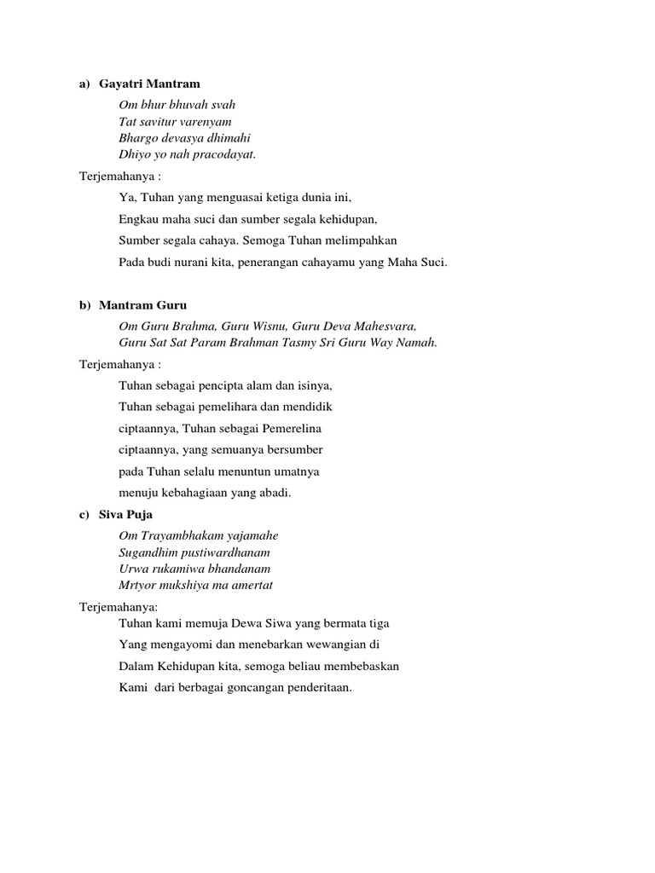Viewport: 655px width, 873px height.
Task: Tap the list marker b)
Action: [x=84, y=305]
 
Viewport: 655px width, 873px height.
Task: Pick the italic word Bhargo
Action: [x=139, y=138]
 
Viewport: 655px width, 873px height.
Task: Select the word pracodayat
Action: [x=224, y=154]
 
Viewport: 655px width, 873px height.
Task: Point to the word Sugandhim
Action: [x=147, y=552]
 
